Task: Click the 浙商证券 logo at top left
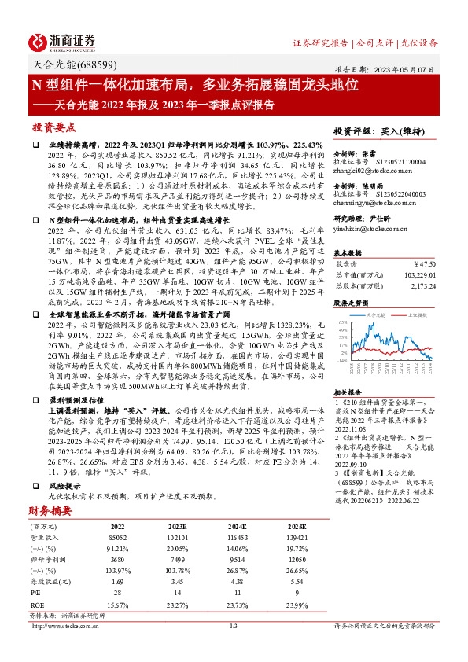tap(62, 41)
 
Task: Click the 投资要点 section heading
tap(53, 127)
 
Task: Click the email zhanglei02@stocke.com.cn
tap(369, 169)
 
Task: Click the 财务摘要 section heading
tap(53, 488)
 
